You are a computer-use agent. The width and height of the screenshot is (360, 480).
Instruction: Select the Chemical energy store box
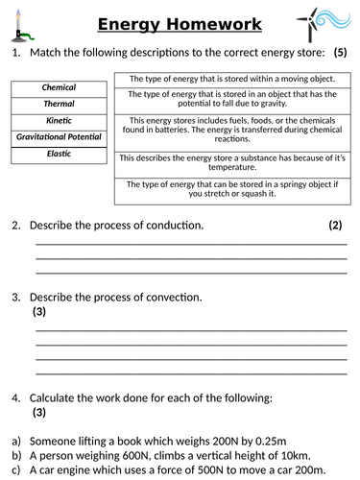click(x=59, y=87)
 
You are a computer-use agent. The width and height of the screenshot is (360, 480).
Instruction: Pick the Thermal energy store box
click(x=59, y=104)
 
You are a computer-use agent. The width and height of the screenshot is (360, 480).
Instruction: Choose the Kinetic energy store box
click(x=59, y=120)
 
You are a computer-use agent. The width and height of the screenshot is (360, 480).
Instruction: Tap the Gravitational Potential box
click(x=59, y=136)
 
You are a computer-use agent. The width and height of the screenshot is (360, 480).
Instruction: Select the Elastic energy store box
click(x=59, y=153)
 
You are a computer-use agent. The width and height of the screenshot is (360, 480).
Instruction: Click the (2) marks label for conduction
click(x=335, y=226)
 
